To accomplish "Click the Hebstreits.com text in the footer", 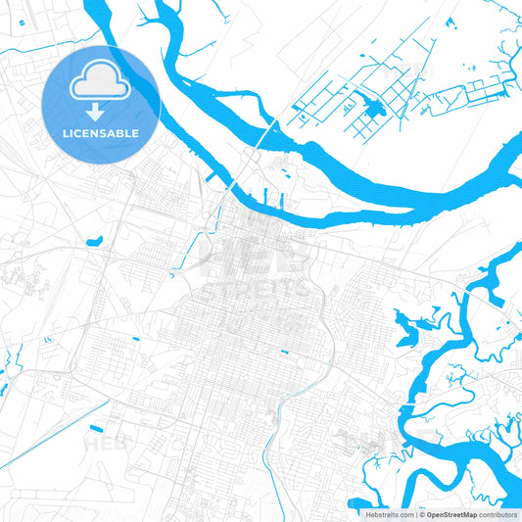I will tap(388, 513).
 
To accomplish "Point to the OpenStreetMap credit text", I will tap(451, 513).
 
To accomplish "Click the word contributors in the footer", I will tap(498, 513).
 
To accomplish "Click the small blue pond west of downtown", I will tap(95, 239).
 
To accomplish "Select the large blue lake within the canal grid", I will tap(372, 107).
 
